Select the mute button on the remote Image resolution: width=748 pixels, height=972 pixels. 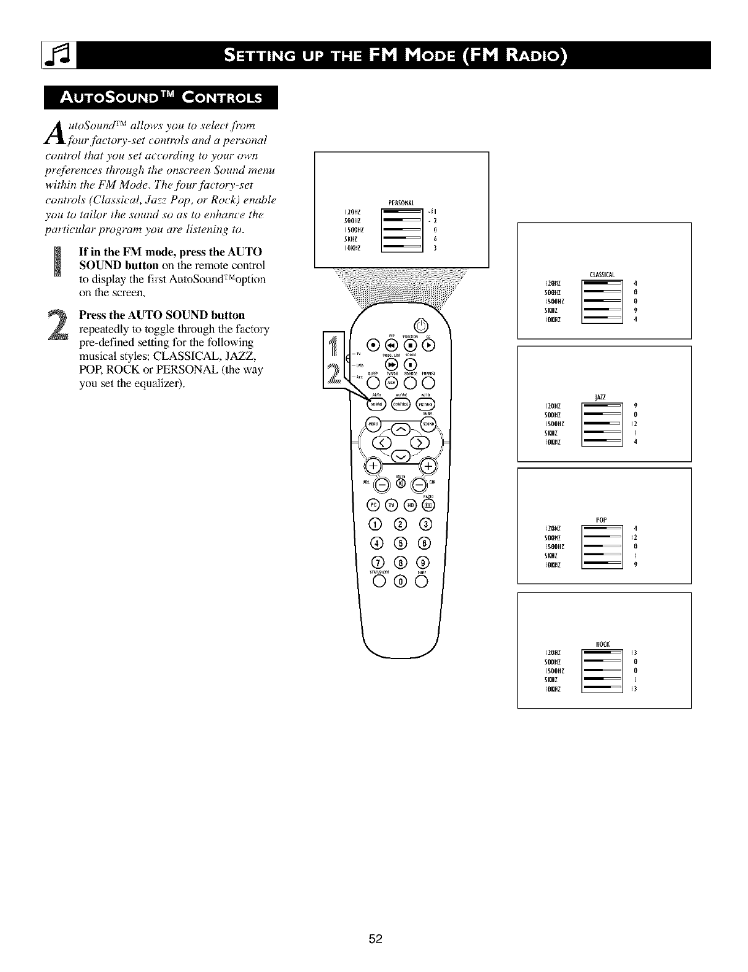(401, 482)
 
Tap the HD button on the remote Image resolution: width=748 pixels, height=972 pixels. (410, 505)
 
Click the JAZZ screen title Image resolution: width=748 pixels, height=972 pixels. (600, 396)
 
